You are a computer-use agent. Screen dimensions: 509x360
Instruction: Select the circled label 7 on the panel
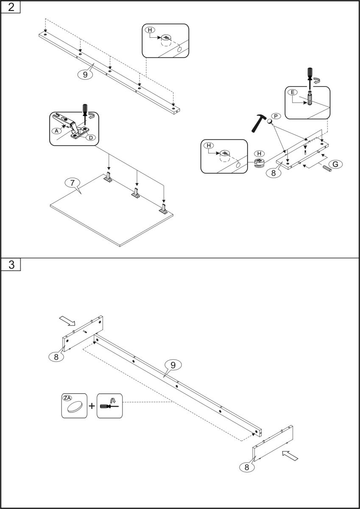pyautogui.click(x=73, y=183)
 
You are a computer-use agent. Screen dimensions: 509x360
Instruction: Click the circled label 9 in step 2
pyautogui.click(x=85, y=74)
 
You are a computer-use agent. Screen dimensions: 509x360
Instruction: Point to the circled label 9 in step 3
pyautogui.click(x=173, y=364)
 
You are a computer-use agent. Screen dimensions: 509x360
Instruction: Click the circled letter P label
pyautogui.click(x=276, y=116)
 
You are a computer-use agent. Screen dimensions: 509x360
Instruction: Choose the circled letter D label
pyautogui.click(x=90, y=137)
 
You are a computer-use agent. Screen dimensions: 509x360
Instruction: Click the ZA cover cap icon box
pyautogui.click(x=74, y=406)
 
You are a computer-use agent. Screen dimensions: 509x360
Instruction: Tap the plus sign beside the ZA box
pyautogui.click(x=92, y=406)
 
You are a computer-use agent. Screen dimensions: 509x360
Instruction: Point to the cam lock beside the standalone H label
pyautogui.click(x=259, y=163)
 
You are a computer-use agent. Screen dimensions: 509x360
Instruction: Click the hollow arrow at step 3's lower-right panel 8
pyautogui.click(x=290, y=456)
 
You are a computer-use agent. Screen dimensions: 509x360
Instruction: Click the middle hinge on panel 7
pyautogui.click(x=136, y=193)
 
